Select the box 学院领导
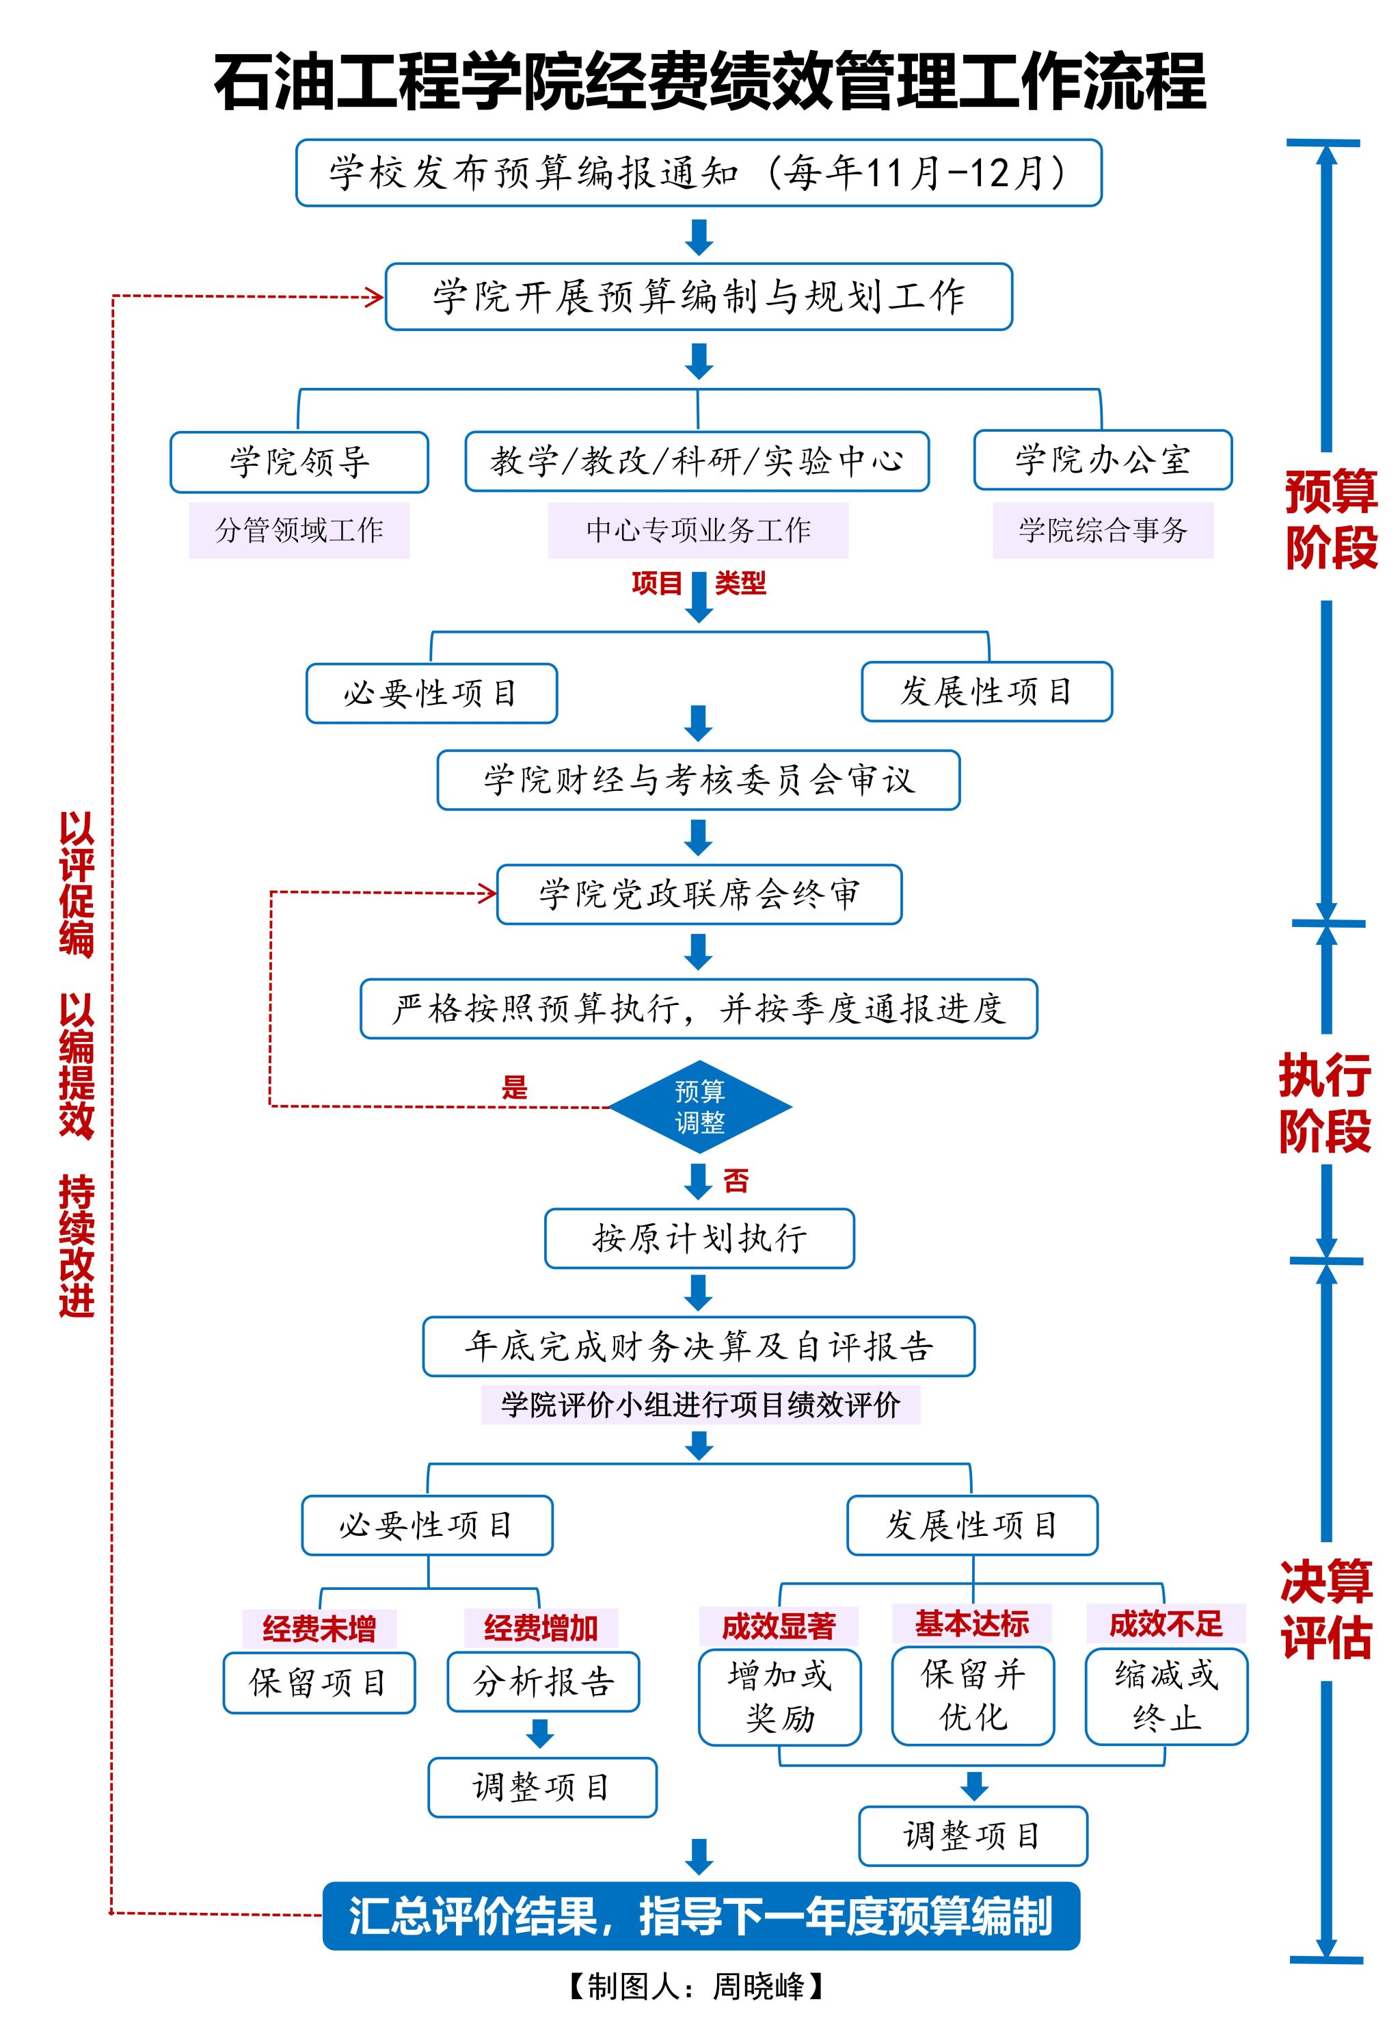point(299,462)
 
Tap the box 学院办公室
point(1103,460)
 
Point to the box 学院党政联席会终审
point(699,894)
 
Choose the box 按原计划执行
point(699,1238)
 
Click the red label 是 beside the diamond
point(515,1088)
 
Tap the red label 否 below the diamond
point(736,1182)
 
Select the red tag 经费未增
point(319,1629)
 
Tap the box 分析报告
point(543,1682)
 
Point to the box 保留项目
point(319,1682)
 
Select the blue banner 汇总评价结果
point(701,1916)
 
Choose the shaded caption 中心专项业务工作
point(698,530)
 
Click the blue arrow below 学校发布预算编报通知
point(699,236)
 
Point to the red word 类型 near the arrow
point(740,583)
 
